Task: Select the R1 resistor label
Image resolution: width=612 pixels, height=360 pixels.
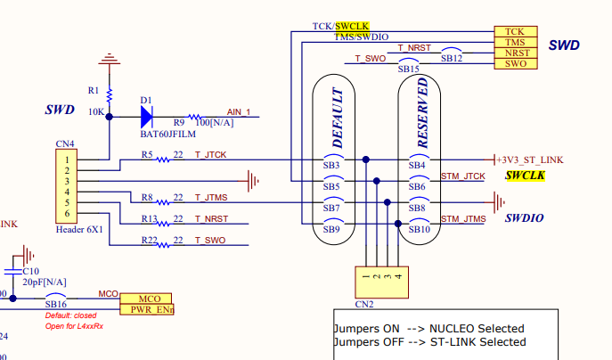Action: pyautogui.click(x=94, y=90)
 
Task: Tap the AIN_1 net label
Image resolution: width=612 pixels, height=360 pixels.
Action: pyautogui.click(x=240, y=111)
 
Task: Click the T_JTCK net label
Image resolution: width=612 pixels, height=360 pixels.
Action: pyautogui.click(x=211, y=155)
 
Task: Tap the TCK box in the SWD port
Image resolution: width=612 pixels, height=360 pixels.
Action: pyautogui.click(x=515, y=31)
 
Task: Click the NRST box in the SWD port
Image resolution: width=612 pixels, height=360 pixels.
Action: pyautogui.click(x=515, y=53)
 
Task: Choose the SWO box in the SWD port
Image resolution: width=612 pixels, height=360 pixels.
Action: pyautogui.click(x=515, y=63)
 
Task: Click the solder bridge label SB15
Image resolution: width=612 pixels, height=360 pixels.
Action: pyautogui.click(x=409, y=69)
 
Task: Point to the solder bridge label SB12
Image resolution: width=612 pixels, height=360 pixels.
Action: pyautogui.click(x=452, y=58)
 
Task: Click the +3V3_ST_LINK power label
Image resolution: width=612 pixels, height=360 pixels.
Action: pyautogui.click(x=530, y=160)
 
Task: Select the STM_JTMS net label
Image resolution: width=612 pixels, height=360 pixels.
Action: pyautogui.click(x=463, y=219)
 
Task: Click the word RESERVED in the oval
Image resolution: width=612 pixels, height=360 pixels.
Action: pyautogui.click(x=422, y=113)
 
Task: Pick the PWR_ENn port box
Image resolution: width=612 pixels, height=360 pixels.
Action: pyautogui.click(x=145, y=309)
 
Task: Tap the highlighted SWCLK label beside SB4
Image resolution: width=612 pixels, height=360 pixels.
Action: pyautogui.click(x=525, y=176)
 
